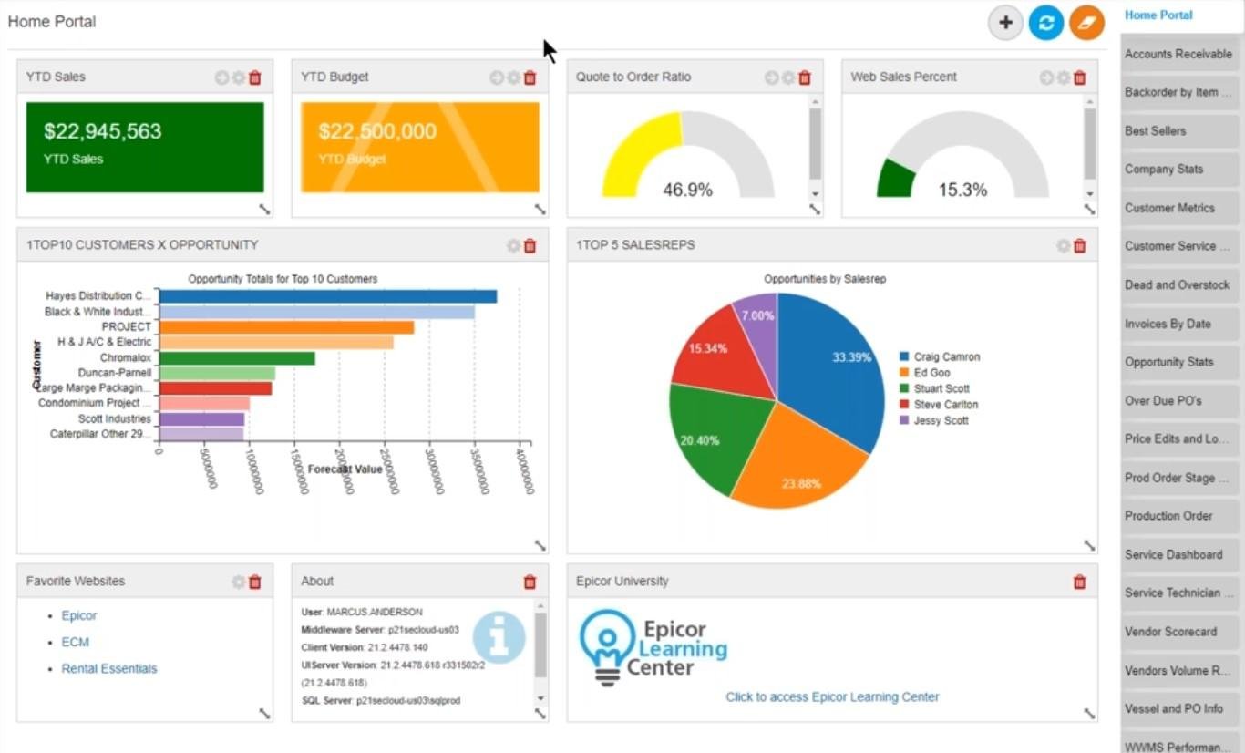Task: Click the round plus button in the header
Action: (x=1005, y=23)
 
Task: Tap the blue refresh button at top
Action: (x=1046, y=23)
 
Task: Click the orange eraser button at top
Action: (x=1086, y=23)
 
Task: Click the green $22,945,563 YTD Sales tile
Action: (x=145, y=147)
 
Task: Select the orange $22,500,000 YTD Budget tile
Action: (x=420, y=147)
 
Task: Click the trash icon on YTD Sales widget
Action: (x=255, y=78)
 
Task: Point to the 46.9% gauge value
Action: (x=687, y=190)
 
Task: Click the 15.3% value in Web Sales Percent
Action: (x=962, y=190)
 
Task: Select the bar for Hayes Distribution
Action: (x=327, y=296)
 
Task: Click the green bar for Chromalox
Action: (x=237, y=358)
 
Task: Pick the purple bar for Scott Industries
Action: (x=201, y=419)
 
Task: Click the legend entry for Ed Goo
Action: (x=931, y=373)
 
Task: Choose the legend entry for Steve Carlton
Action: (x=946, y=405)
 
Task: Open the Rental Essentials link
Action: (x=109, y=668)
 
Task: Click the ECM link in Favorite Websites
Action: (x=76, y=642)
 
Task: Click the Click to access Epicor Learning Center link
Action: (x=832, y=696)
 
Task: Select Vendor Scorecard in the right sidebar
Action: (x=1170, y=631)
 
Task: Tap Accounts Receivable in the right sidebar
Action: (x=1178, y=54)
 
